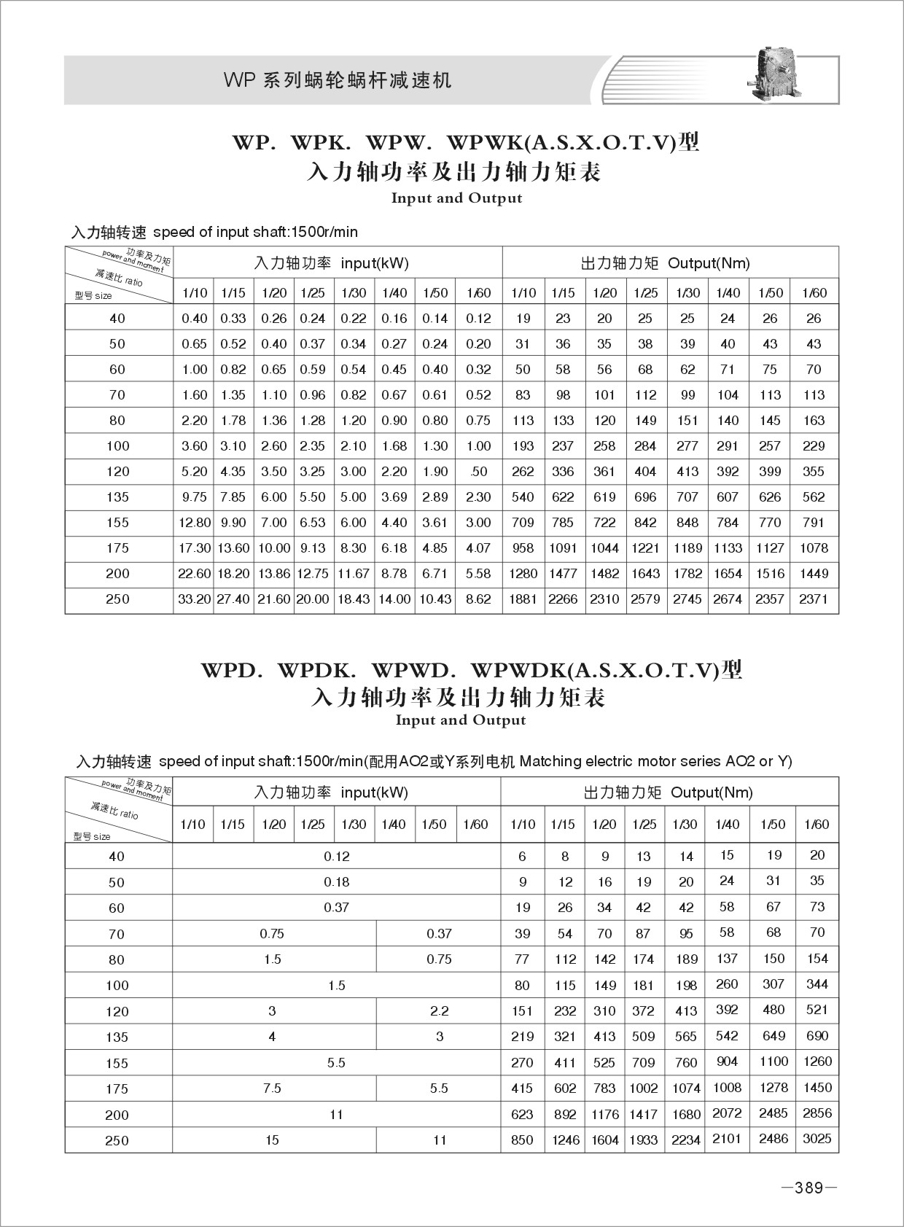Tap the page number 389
click(x=808, y=1188)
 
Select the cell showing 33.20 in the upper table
click(x=194, y=599)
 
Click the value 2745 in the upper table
click(x=687, y=599)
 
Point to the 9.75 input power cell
click(x=194, y=497)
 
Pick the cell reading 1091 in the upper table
click(x=563, y=548)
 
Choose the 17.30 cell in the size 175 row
click(x=194, y=548)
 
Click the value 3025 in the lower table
click(x=817, y=1139)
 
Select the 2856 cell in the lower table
click(x=817, y=1113)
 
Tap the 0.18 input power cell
click(x=337, y=882)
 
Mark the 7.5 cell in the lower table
click(x=272, y=1088)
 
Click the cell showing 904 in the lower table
click(x=727, y=1062)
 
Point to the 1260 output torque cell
click(x=817, y=1062)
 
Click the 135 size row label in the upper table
click(x=117, y=497)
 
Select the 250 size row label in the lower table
click(x=117, y=1141)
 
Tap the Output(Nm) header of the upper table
click(x=709, y=263)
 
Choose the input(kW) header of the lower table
click(x=374, y=792)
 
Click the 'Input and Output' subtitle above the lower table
click(x=460, y=720)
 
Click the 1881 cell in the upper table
click(x=523, y=599)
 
